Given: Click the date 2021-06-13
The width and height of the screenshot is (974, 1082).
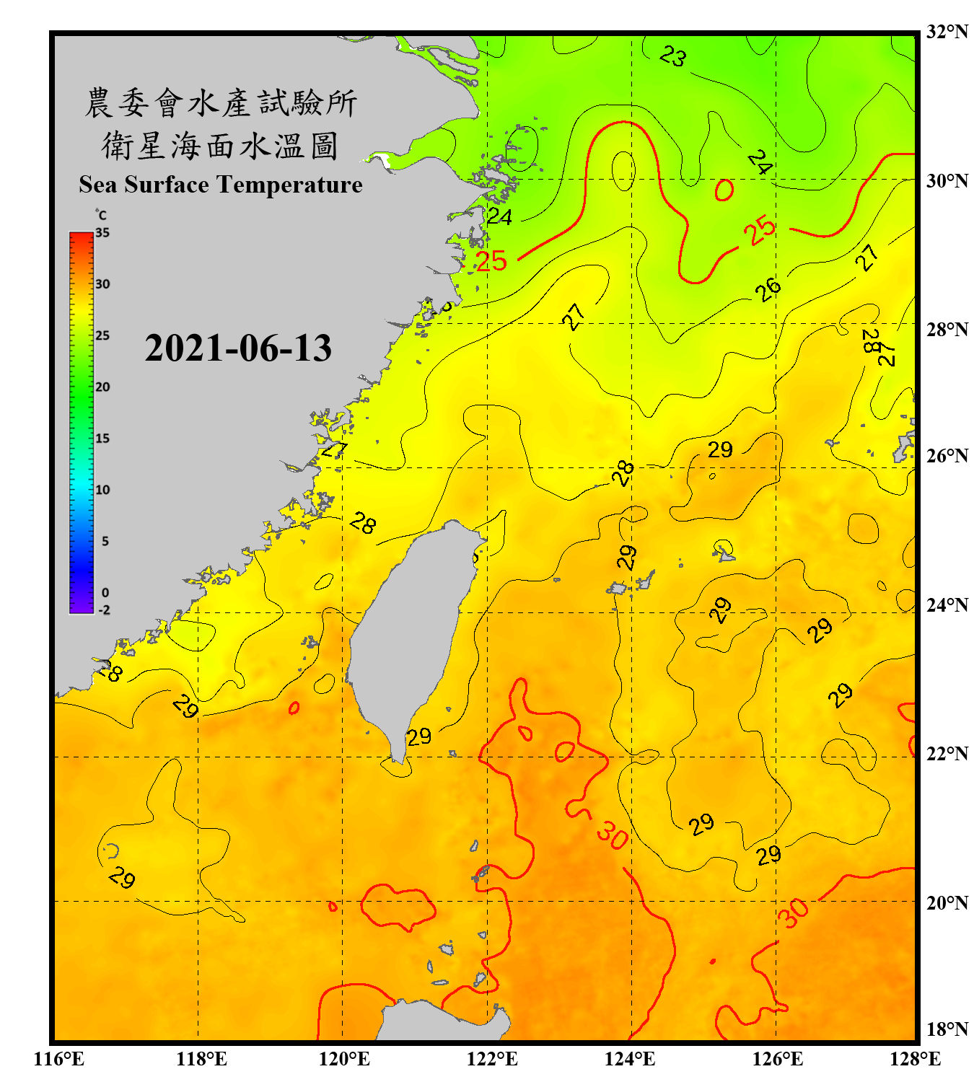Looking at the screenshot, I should pyautogui.click(x=238, y=348).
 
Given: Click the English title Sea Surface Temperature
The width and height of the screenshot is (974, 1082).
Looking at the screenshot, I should pyautogui.click(x=221, y=185).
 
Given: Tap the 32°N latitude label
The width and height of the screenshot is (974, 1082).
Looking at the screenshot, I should pyautogui.click(x=947, y=32).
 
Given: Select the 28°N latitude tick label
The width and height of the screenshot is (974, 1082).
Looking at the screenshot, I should pyautogui.click(x=947, y=330).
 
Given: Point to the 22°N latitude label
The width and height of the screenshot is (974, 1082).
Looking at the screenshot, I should pyautogui.click(x=947, y=754).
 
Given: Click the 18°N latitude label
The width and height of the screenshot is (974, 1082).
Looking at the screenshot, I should pyautogui.click(x=947, y=1029).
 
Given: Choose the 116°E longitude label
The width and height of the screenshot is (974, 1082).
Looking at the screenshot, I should pyautogui.click(x=59, y=1059).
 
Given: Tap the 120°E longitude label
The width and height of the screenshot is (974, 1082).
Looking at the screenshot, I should pyautogui.click(x=344, y=1059).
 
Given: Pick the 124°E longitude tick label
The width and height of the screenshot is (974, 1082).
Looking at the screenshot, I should pyautogui.click(x=630, y=1059).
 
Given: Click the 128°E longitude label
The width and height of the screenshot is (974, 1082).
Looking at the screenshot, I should pyautogui.click(x=915, y=1059).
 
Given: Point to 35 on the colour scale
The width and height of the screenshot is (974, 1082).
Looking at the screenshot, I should pyautogui.click(x=102, y=233).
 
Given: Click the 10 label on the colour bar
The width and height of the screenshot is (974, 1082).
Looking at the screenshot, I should pyautogui.click(x=102, y=490).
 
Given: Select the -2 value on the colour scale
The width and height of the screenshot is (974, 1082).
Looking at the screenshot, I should pyautogui.click(x=104, y=610).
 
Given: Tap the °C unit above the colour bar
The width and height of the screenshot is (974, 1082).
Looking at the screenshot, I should pyautogui.click(x=101, y=215).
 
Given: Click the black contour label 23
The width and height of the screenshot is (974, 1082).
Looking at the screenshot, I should pyautogui.click(x=673, y=56).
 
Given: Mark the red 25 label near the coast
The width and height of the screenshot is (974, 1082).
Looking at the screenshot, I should pyautogui.click(x=491, y=261).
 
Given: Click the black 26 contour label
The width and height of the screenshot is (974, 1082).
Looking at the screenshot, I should pyautogui.click(x=768, y=289).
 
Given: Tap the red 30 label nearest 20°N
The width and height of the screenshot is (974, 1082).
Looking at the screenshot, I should pyautogui.click(x=793, y=912).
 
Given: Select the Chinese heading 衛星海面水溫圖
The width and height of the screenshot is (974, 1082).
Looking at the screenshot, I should pyautogui.click(x=220, y=146).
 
